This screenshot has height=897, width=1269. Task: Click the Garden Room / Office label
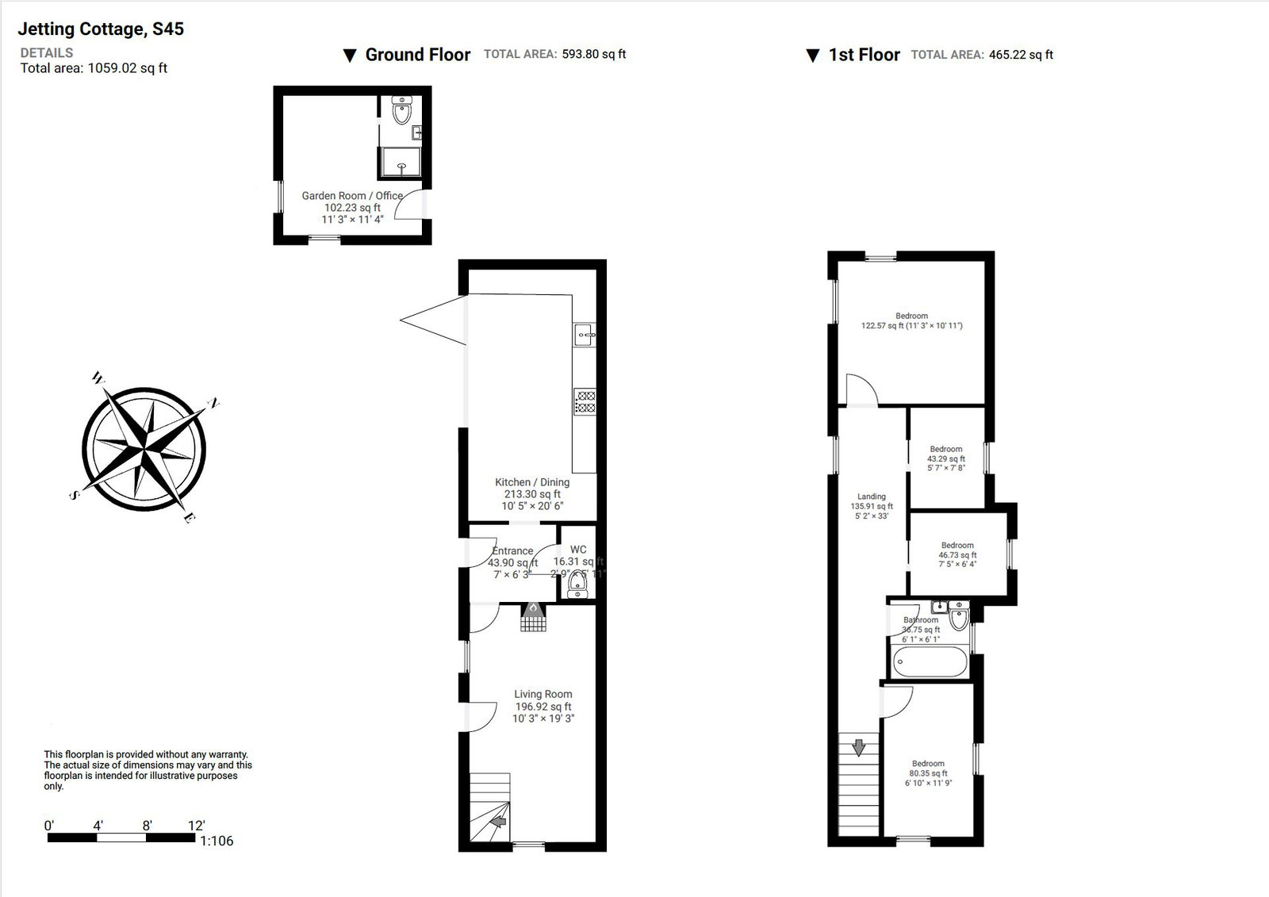click(352, 196)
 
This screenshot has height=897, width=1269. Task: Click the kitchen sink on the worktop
click(585, 335)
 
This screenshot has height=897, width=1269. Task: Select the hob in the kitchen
click(585, 401)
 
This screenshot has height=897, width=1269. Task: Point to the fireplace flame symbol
click(534, 608)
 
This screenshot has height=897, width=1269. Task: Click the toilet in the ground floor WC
click(577, 585)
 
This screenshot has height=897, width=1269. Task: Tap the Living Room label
click(542, 695)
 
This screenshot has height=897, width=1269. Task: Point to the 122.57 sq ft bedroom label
click(911, 321)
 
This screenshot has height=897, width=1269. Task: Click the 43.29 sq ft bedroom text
click(946, 458)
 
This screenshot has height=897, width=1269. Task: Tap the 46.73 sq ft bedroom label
click(957, 555)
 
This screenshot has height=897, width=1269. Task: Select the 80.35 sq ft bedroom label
click(928, 773)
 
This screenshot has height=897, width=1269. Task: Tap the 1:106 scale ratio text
click(217, 841)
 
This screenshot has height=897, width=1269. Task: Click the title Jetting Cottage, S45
click(101, 29)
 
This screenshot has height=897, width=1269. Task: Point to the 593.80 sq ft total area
click(594, 55)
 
